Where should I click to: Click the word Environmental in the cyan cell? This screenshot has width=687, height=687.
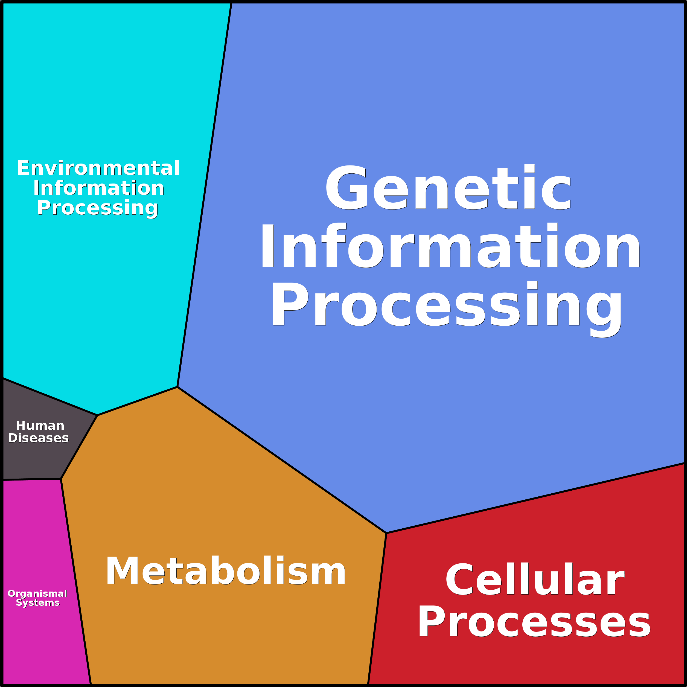pos(98,168)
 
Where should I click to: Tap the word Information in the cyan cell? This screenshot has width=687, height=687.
pos(98,188)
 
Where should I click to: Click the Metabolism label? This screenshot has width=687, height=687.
pos(225,571)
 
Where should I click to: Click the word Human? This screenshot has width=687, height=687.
pos(40,426)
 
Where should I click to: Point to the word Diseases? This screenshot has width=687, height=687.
pos(38,438)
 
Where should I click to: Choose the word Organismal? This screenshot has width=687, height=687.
pos(37,593)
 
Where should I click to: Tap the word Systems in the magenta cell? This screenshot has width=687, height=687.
pos(38,603)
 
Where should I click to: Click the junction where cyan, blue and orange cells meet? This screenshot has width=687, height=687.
pos(177,387)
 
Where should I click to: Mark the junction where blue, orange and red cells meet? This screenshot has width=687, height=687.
pos(386,533)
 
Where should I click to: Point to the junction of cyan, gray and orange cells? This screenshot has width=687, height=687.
pos(97,415)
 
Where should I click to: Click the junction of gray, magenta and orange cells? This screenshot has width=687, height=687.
pos(61,479)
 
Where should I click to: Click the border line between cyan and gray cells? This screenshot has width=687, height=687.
pos(50,397)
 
